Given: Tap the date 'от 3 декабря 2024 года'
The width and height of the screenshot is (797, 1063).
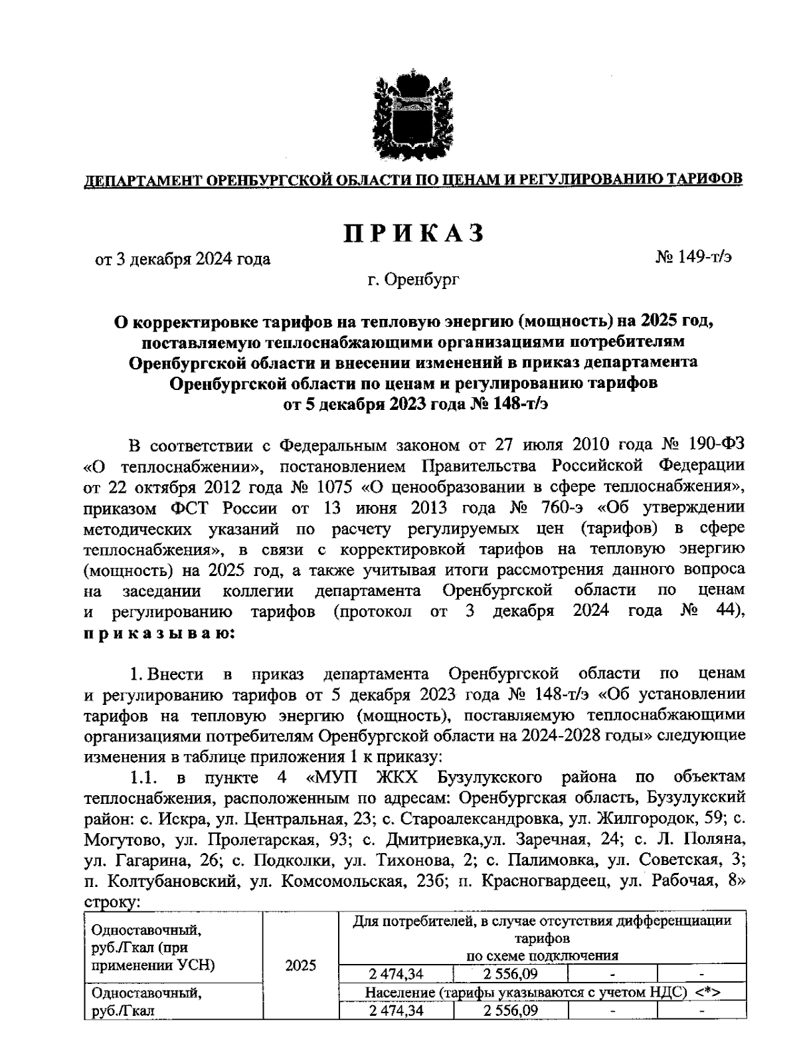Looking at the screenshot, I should click(x=183, y=259).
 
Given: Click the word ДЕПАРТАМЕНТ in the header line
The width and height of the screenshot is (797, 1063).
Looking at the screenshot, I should click(x=141, y=179).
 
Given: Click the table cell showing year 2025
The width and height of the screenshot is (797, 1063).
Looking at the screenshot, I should click(x=300, y=966).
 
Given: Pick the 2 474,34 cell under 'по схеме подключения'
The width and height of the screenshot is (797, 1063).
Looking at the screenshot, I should click(x=396, y=975).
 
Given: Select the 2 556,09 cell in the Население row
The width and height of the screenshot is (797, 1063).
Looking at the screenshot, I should click(x=511, y=1011).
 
